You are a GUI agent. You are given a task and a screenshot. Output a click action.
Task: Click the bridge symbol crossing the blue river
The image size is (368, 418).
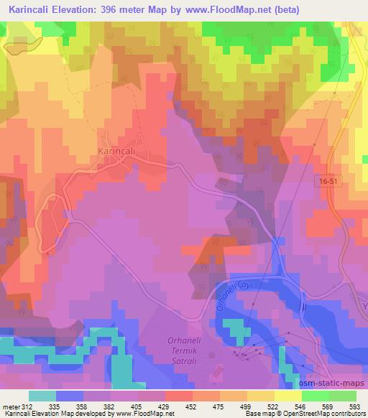point(302,306)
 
